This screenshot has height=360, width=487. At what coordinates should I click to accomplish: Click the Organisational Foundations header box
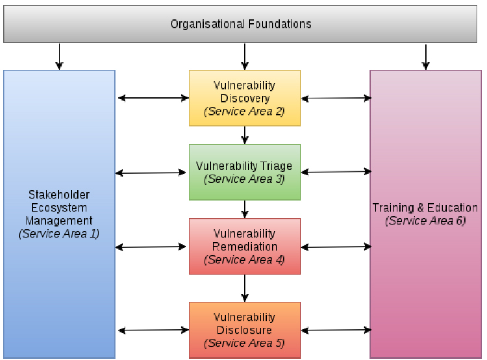240,24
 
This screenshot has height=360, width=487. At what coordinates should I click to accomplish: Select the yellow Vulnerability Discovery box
244,98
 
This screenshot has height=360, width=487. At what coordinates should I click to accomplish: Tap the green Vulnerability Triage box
244,172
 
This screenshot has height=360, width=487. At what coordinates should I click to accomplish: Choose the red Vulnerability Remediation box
244,246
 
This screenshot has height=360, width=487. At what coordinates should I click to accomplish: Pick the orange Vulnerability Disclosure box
244,330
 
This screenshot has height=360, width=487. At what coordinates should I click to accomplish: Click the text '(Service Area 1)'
59,234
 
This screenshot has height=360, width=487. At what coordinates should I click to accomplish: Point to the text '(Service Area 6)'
425,221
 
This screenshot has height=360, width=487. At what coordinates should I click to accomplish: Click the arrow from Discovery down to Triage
244,135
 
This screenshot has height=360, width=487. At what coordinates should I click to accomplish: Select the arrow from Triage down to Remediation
244,209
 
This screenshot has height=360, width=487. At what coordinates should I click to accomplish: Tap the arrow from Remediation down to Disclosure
244,288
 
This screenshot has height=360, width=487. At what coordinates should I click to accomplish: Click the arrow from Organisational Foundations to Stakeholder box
59,57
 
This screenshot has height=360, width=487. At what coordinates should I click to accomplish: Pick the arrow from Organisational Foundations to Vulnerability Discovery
244,57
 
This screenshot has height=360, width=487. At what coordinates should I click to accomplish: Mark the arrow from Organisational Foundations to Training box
426,57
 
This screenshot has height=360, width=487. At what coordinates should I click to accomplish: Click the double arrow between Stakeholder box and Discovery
153,98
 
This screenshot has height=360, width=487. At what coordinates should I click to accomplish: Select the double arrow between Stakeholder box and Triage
151,173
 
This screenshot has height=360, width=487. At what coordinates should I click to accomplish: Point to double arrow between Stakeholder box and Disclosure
153,330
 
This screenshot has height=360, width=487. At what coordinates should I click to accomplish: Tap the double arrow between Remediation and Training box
336,247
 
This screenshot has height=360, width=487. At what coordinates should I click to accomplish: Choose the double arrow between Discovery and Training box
336,98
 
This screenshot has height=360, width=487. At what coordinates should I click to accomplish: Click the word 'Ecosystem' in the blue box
59,208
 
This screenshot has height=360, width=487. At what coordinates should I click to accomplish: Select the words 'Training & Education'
425,208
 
